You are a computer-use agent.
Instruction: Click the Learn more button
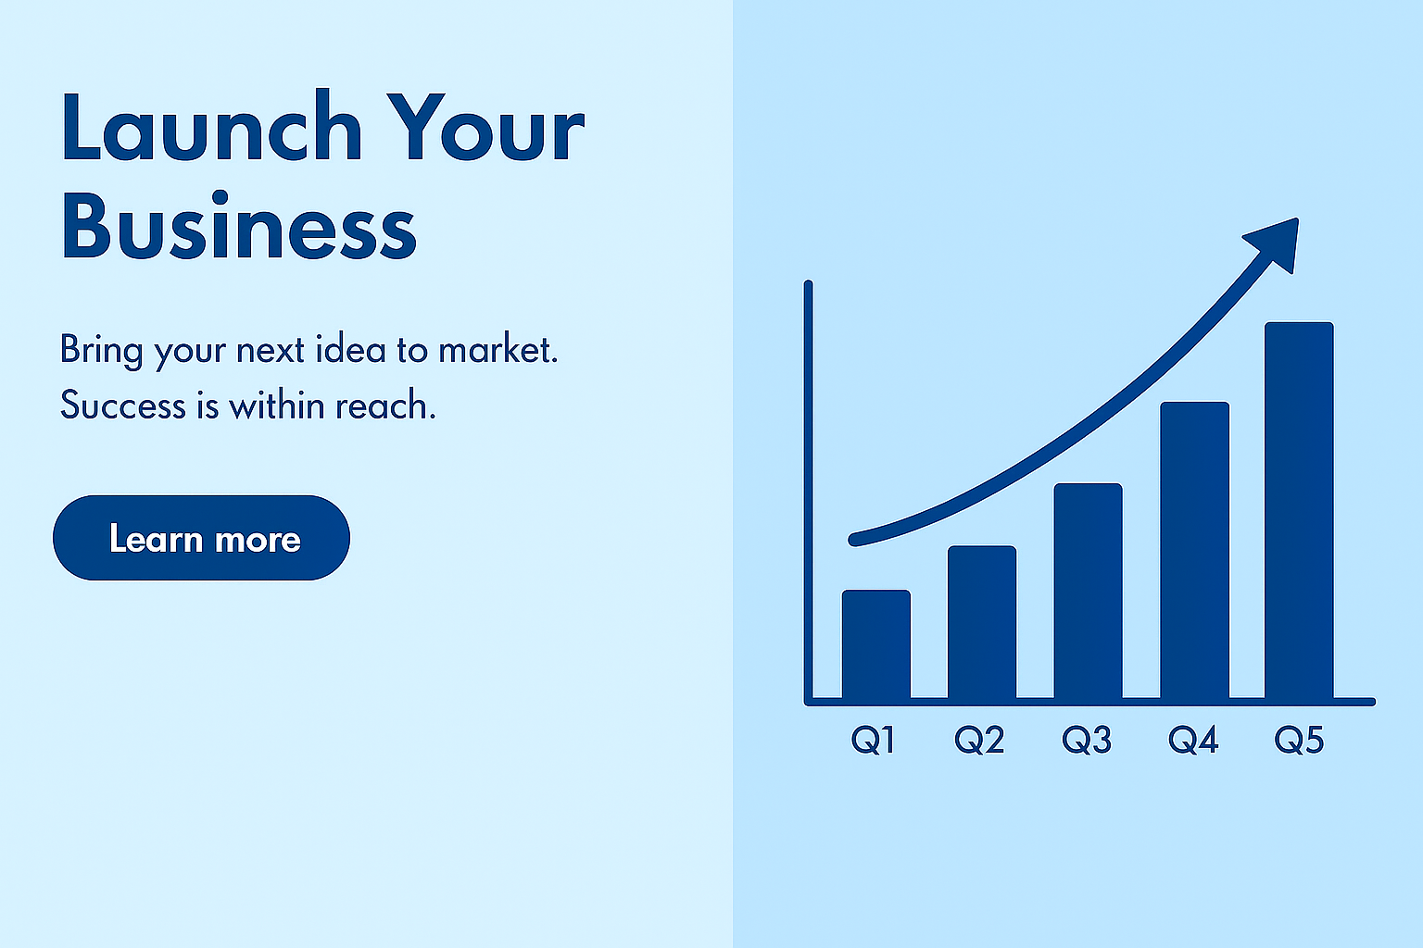[x=201, y=538]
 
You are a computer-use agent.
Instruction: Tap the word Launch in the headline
[x=212, y=126]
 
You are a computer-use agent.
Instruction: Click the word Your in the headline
[x=486, y=127]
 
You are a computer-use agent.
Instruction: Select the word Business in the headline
[x=239, y=225]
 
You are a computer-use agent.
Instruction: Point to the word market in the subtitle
[x=498, y=349]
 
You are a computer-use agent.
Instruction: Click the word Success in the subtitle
[x=122, y=405]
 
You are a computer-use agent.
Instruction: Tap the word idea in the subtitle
[x=351, y=349]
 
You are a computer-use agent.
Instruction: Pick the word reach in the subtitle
[x=385, y=405]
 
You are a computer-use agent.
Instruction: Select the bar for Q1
[x=876, y=644]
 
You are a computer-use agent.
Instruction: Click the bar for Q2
[x=982, y=622]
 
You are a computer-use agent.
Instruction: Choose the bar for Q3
[x=1089, y=592]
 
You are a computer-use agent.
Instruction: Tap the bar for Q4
[x=1195, y=551]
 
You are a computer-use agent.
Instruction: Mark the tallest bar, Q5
[x=1299, y=510]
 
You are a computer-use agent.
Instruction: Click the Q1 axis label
[x=874, y=740]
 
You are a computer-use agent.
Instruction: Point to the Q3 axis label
[x=1087, y=740]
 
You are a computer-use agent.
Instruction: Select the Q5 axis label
[x=1299, y=740]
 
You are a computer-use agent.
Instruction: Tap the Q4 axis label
[x=1193, y=740]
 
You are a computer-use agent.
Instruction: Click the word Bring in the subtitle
[x=102, y=350]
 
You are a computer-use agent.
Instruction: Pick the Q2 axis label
[x=979, y=740]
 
